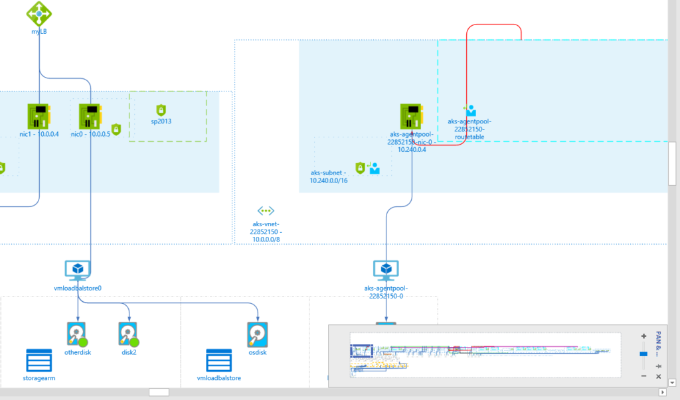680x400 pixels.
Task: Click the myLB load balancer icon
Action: [40, 12]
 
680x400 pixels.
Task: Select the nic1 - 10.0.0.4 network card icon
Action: [39, 115]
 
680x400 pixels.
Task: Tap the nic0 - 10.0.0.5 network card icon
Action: [90, 115]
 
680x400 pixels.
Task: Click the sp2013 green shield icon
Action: [160, 109]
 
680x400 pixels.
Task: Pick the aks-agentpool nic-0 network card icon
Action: [412, 116]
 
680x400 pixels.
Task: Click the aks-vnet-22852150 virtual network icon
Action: [266, 211]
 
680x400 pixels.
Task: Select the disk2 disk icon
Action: [128, 334]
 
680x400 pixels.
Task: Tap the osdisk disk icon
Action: [257, 334]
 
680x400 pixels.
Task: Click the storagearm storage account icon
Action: [39, 361]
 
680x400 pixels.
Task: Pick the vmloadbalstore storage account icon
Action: [218, 361]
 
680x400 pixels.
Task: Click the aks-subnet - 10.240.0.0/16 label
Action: [328, 176]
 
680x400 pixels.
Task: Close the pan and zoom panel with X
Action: [659, 376]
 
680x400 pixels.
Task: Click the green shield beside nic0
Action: [116, 129]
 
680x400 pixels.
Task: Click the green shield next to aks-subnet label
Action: [361, 168]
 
